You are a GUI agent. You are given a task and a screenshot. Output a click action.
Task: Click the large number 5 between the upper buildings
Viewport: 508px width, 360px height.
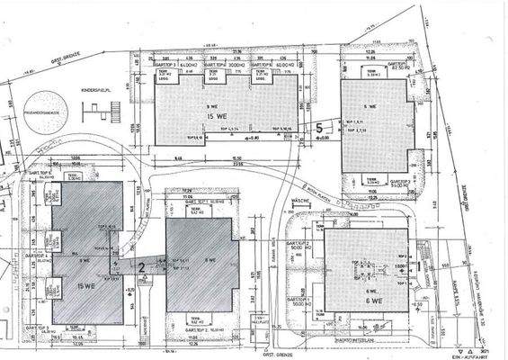[x=319, y=129]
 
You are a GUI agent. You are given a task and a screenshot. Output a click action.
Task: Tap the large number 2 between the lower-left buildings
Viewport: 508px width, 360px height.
[x=142, y=266]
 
